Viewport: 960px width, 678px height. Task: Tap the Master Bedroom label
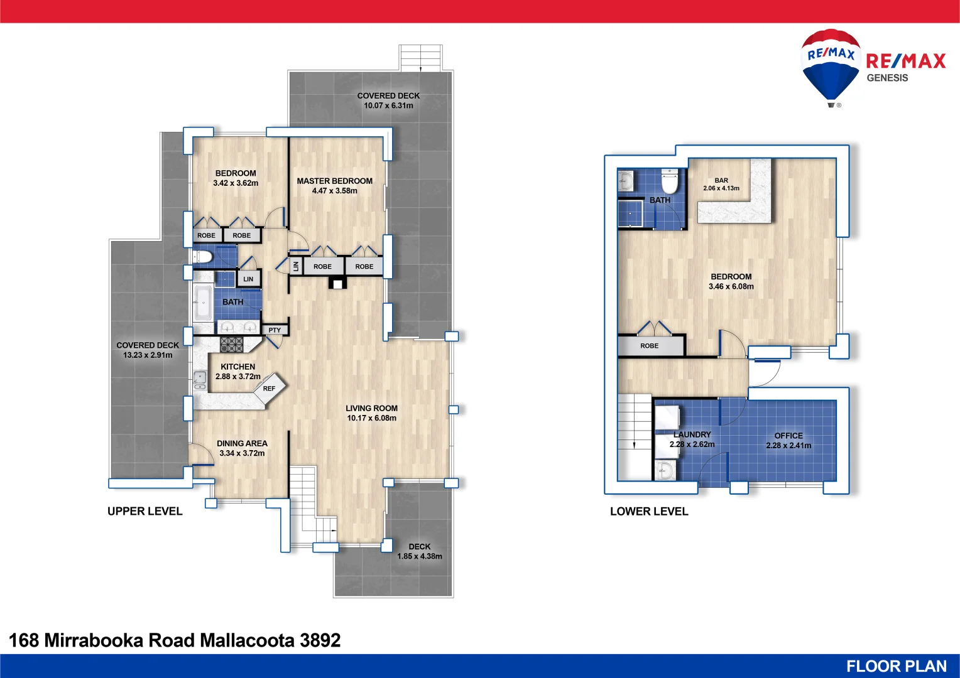pos(334,181)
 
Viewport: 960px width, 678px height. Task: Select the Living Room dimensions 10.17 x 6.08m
pos(371,418)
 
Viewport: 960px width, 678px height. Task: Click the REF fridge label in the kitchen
pos(269,389)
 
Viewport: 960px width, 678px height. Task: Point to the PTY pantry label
pos(275,330)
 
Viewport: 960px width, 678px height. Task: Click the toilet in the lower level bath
pos(670,182)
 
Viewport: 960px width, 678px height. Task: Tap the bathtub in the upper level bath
pos(203,303)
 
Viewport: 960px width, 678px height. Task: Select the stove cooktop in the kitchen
pos(231,344)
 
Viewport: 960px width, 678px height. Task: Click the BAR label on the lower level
pos(721,180)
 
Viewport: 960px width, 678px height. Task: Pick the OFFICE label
pos(788,436)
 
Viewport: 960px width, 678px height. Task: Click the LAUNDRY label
pos(692,434)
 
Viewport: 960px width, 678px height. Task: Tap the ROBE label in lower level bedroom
pos(649,346)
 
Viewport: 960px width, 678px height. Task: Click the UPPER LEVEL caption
pos(145,511)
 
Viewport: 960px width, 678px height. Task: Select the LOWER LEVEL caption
pos(649,511)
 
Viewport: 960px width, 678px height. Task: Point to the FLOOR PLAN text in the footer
pos(896,666)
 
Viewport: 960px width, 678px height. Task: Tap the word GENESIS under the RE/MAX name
pos(887,78)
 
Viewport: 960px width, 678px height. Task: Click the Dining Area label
pos(242,443)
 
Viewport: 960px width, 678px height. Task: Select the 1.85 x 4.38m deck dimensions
pos(419,556)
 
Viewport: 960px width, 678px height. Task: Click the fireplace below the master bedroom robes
pos(337,283)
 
